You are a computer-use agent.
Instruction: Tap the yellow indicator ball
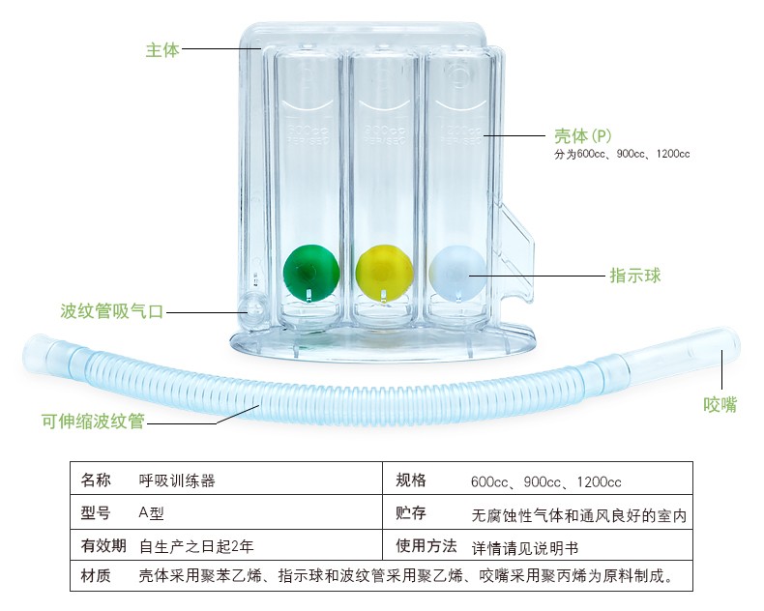[x=382, y=272]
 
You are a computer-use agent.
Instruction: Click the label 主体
[x=162, y=48]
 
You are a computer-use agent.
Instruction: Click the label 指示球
[x=634, y=276]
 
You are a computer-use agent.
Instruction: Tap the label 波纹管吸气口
[x=112, y=311]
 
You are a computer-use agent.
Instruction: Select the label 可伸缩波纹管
[x=93, y=422]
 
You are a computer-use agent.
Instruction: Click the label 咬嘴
[x=720, y=404]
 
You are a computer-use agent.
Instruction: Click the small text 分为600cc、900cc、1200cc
[x=622, y=154]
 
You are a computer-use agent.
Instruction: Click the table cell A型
[x=154, y=513]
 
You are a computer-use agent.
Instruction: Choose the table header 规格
[x=411, y=480]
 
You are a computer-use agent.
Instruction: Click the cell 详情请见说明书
[x=524, y=546]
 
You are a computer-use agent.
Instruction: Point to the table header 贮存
[x=411, y=513]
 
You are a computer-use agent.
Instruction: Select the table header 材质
[x=96, y=577]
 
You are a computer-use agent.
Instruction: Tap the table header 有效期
[x=103, y=545]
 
